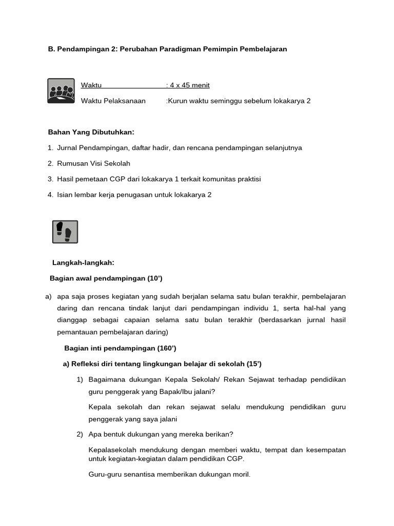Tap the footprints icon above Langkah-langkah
(65, 232)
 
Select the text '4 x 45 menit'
(189, 85)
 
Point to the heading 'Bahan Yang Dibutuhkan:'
(91, 132)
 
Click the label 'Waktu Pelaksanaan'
(113, 101)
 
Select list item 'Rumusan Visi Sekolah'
(93, 163)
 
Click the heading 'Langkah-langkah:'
(83, 262)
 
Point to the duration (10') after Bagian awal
(155, 278)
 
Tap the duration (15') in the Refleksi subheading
(253, 364)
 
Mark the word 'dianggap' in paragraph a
(72, 320)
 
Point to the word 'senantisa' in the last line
(140, 475)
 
